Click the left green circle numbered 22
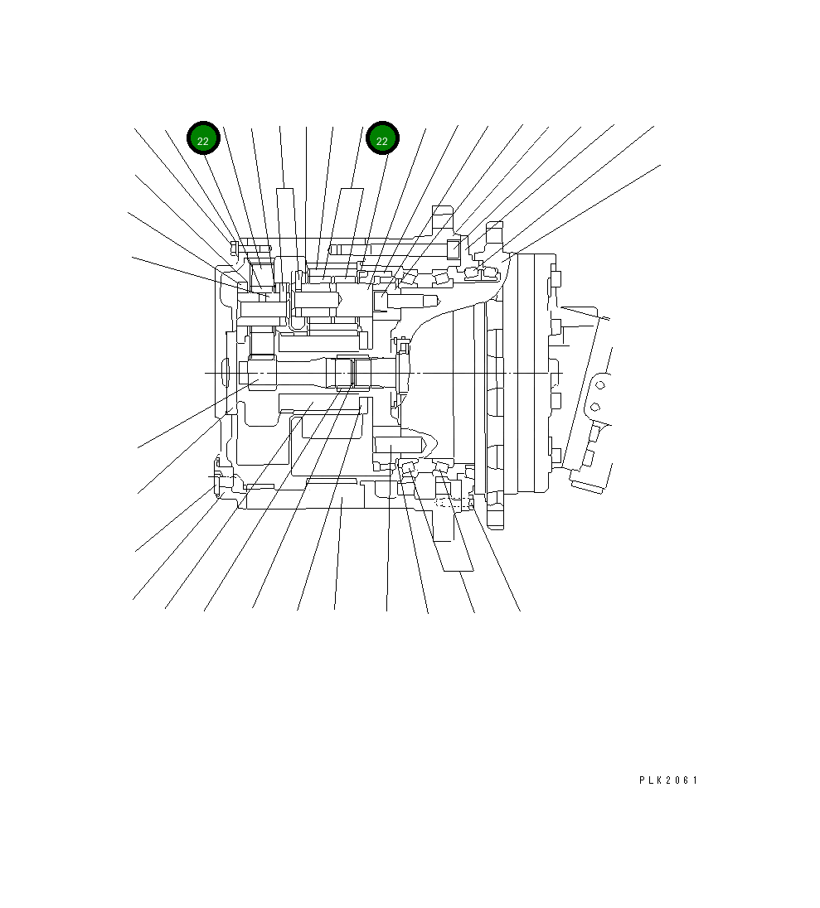(203, 138)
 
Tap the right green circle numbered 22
(382, 138)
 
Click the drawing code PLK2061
(668, 780)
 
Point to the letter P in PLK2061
(643, 780)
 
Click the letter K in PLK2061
(661, 780)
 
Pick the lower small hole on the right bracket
(594, 407)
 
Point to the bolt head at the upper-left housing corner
(235, 249)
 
